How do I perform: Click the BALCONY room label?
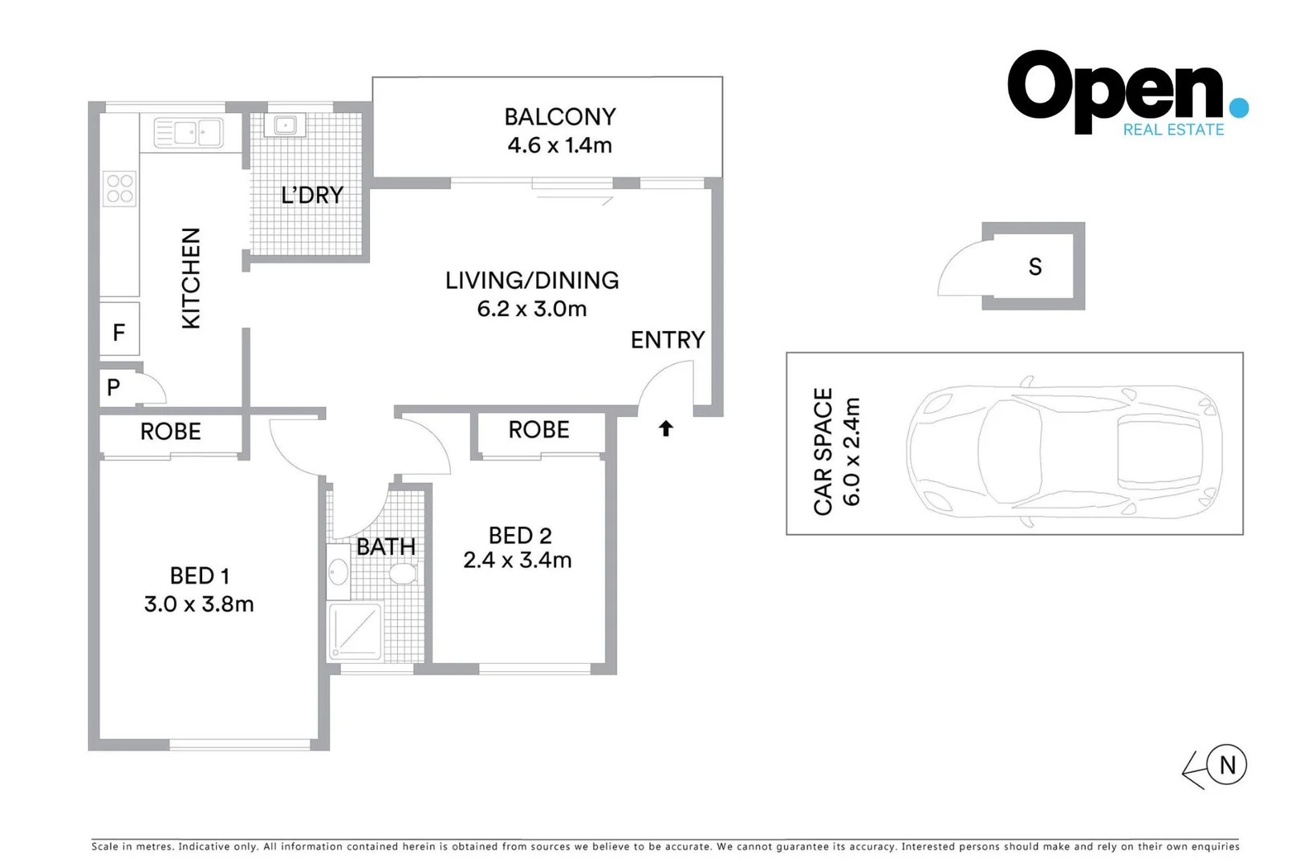click(x=559, y=117)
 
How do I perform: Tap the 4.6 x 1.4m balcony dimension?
click(x=559, y=145)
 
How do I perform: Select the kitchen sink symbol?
click(x=188, y=132)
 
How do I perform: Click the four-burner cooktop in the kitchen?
click(x=120, y=189)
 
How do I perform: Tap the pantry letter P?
click(x=113, y=387)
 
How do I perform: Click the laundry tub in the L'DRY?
click(x=285, y=125)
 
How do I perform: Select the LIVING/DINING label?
click(x=532, y=281)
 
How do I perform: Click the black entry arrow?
click(x=665, y=429)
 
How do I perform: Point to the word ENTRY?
click(x=667, y=340)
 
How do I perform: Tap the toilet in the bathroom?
click(x=404, y=573)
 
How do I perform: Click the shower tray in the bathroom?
click(x=355, y=630)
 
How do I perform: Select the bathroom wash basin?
click(x=338, y=573)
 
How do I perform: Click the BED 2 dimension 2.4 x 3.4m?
click(x=517, y=560)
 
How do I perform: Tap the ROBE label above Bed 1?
click(x=170, y=431)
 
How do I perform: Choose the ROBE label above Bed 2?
click(x=538, y=430)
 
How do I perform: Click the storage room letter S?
click(x=1034, y=267)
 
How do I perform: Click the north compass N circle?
click(x=1226, y=765)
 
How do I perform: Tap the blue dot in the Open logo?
click(x=1238, y=107)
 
